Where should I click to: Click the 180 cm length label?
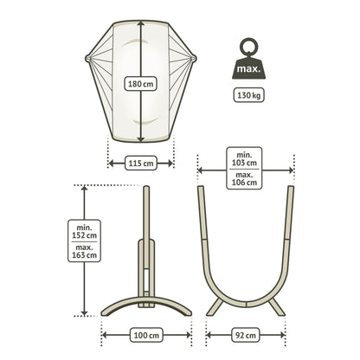click(x=141, y=84)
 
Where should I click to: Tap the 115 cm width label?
click(x=141, y=164)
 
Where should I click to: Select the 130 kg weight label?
click(x=248, y=95)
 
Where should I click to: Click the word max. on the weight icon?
click(x=248, y=69)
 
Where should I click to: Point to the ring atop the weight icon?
click(x=248, y=47)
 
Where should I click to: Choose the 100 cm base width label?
click(x=146, y=335)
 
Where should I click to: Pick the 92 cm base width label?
click(x=245, y=335)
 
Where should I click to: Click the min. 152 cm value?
click(x=84, y=231)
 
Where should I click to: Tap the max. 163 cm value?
click(x=84, y=251)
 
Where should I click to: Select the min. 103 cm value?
click(x=244, y=158)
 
